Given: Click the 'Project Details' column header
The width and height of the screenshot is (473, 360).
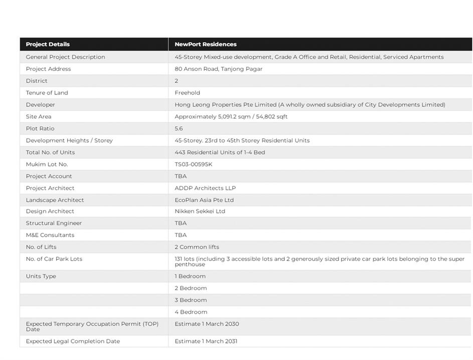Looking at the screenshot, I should [48, 44].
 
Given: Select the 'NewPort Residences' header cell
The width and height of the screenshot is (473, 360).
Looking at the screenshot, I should [206, 44].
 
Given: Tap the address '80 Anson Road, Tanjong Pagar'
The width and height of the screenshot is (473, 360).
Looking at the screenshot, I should [218, 69].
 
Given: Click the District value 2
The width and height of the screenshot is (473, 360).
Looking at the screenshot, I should [177, 81].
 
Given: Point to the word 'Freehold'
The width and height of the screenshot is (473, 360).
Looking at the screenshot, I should [187, 93].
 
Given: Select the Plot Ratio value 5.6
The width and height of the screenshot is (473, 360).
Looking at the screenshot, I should [179, 129].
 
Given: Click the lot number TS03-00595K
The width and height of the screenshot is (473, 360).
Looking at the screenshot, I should [193, 164].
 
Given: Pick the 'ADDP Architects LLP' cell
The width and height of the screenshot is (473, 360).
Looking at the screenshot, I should [205, 188].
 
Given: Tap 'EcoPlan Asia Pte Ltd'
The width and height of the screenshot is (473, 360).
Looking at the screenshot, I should [204, 200].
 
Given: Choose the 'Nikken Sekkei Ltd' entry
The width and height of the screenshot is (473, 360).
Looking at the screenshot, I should [200, 211].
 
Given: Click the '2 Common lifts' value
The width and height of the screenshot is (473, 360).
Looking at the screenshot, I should [197, 247].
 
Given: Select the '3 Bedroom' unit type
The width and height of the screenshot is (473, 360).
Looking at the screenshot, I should [191, 300].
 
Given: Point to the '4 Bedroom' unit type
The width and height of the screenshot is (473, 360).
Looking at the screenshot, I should [191, 312].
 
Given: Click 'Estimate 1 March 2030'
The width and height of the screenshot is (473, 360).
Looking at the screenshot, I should [207, 324].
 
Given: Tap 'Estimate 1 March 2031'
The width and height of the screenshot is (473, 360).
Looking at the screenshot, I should [206, 341].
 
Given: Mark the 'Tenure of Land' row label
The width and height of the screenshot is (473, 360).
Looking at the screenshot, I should [47, 93].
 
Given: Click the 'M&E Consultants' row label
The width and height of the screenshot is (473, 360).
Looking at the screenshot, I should [50, 235].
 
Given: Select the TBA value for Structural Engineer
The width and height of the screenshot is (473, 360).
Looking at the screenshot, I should [181, 223].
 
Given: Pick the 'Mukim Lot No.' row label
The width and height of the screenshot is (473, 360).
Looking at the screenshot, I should [47, 164].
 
